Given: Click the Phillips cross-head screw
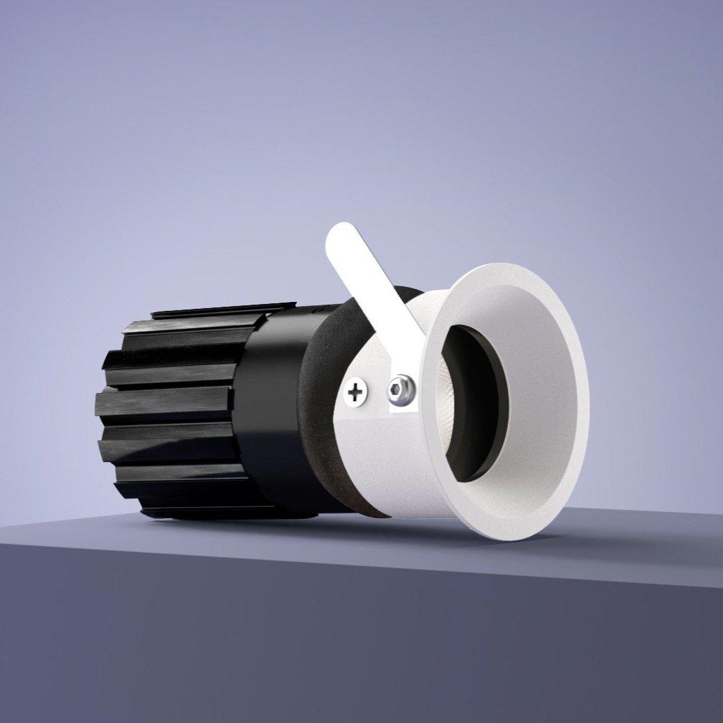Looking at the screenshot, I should [x=355, y=393].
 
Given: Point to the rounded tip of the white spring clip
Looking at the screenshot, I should [x=340, y=236].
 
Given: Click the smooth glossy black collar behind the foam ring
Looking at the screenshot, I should [x=274, y=411].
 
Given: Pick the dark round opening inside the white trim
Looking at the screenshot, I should [x=472, y=404].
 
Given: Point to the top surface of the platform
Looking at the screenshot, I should [x=616, y=541].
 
